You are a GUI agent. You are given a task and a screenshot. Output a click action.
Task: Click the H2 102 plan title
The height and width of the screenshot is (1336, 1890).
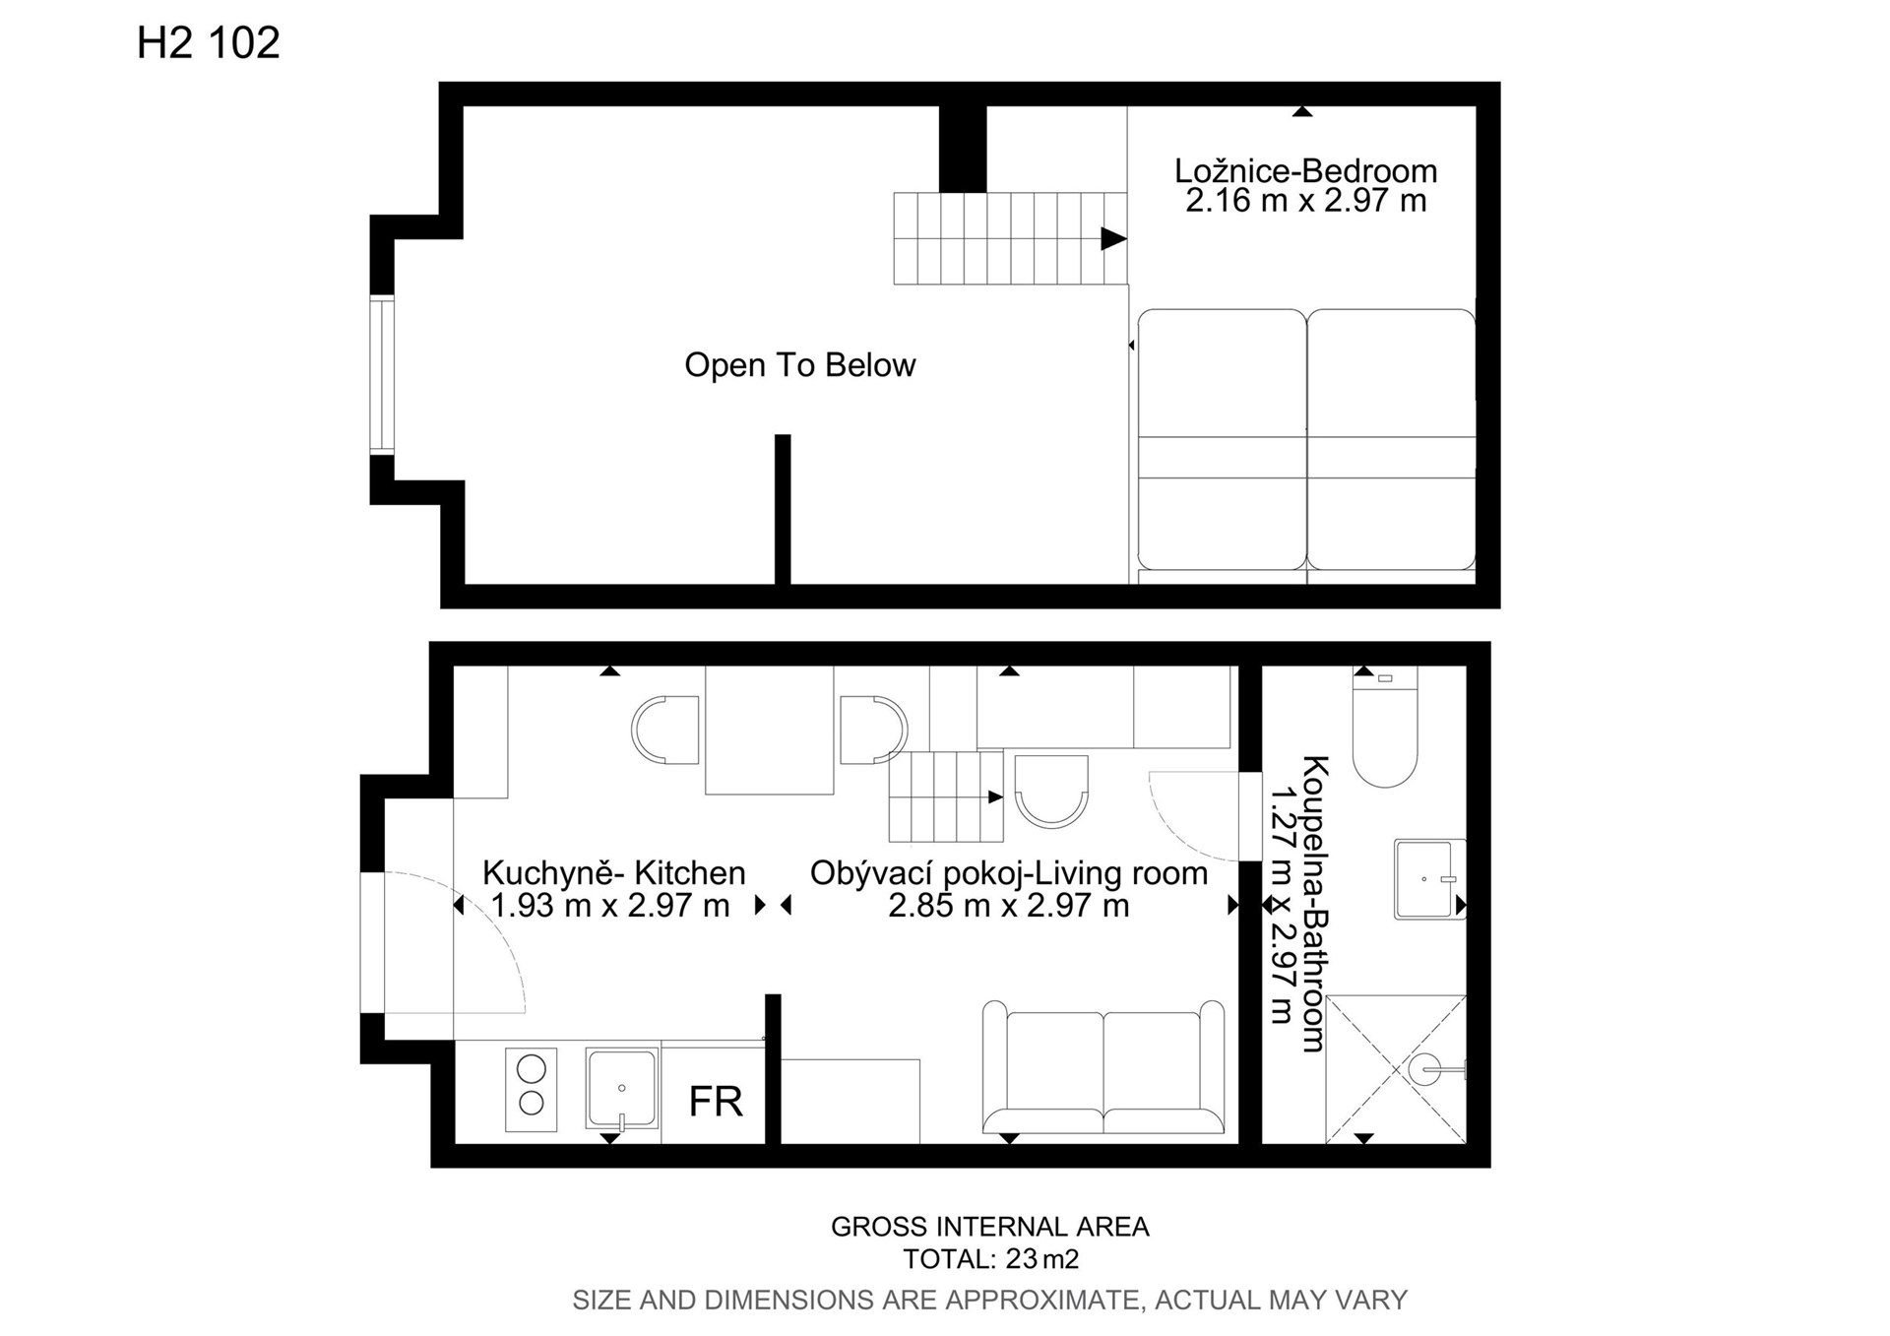pyautogui.click(x=209, y=42)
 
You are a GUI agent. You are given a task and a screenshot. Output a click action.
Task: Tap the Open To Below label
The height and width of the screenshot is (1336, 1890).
pyautogui.click(x=800, y=365)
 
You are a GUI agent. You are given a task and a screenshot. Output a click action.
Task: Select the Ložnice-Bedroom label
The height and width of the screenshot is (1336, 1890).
pyautogui.click(x=1305, y=170)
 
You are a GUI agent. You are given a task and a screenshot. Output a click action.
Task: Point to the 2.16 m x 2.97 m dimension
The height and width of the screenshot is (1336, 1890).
pyautogui.click(x=1305, y=201)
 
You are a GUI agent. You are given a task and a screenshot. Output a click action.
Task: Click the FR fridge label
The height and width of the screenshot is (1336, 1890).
pyautogui.click(x=716, y=1102)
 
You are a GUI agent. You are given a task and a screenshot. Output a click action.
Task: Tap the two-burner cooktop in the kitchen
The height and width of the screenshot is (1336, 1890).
pyautogui.click(x=531, y=1089)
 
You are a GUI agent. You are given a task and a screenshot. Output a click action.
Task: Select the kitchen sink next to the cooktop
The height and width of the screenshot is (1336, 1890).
pyautogui.click(x=621, y=1088)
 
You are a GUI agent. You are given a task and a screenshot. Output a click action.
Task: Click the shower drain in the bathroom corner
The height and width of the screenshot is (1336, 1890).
pyautogui.click(x=1424, y=1068)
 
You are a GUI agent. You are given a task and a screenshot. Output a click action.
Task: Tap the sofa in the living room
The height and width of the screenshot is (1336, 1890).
pyautogui.click(x=1103, y=1068)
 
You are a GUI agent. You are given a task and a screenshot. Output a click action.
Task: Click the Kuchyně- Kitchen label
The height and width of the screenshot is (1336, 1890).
pyautogui.click(x=613, y=873)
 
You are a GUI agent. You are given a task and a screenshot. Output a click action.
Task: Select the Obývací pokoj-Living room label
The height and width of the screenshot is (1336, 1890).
pyautogui.click(x=1009, y=873)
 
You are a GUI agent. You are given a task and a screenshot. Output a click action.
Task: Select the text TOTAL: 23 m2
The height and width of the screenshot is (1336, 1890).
pyautogui.click(x=991, y=1259)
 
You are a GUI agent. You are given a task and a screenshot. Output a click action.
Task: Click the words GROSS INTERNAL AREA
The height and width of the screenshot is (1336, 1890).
pyautogui.click(x=990, y=1227)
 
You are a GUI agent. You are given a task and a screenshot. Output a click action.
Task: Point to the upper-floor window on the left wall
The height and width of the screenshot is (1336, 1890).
pyautogui.click(x=382, y=375)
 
